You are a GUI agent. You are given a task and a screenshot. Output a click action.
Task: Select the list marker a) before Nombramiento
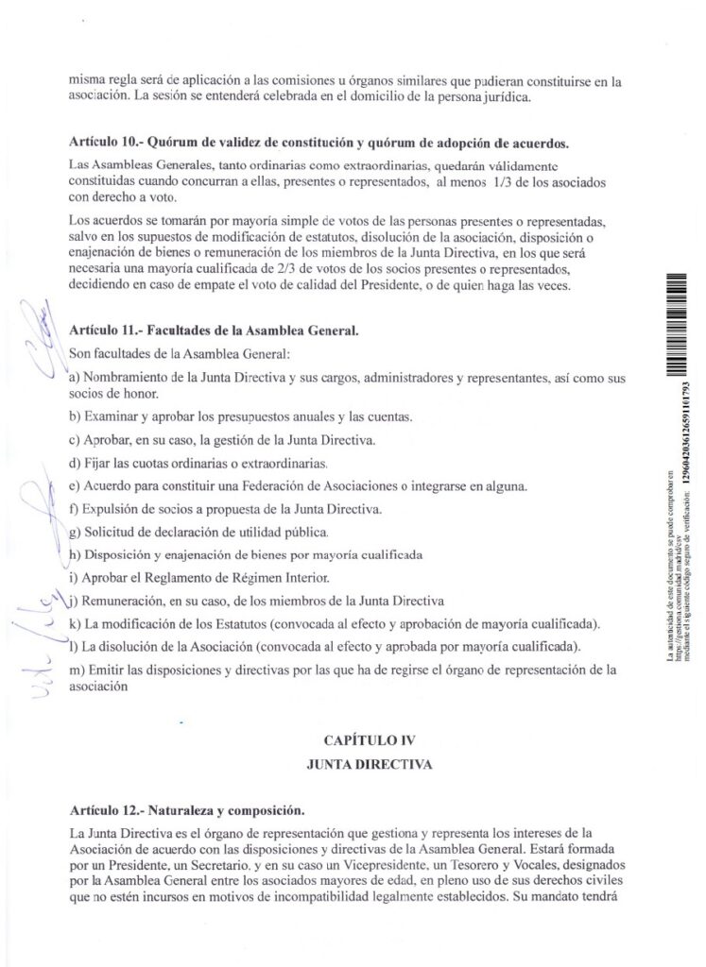75,378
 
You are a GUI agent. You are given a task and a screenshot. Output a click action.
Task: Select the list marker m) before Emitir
78,670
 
